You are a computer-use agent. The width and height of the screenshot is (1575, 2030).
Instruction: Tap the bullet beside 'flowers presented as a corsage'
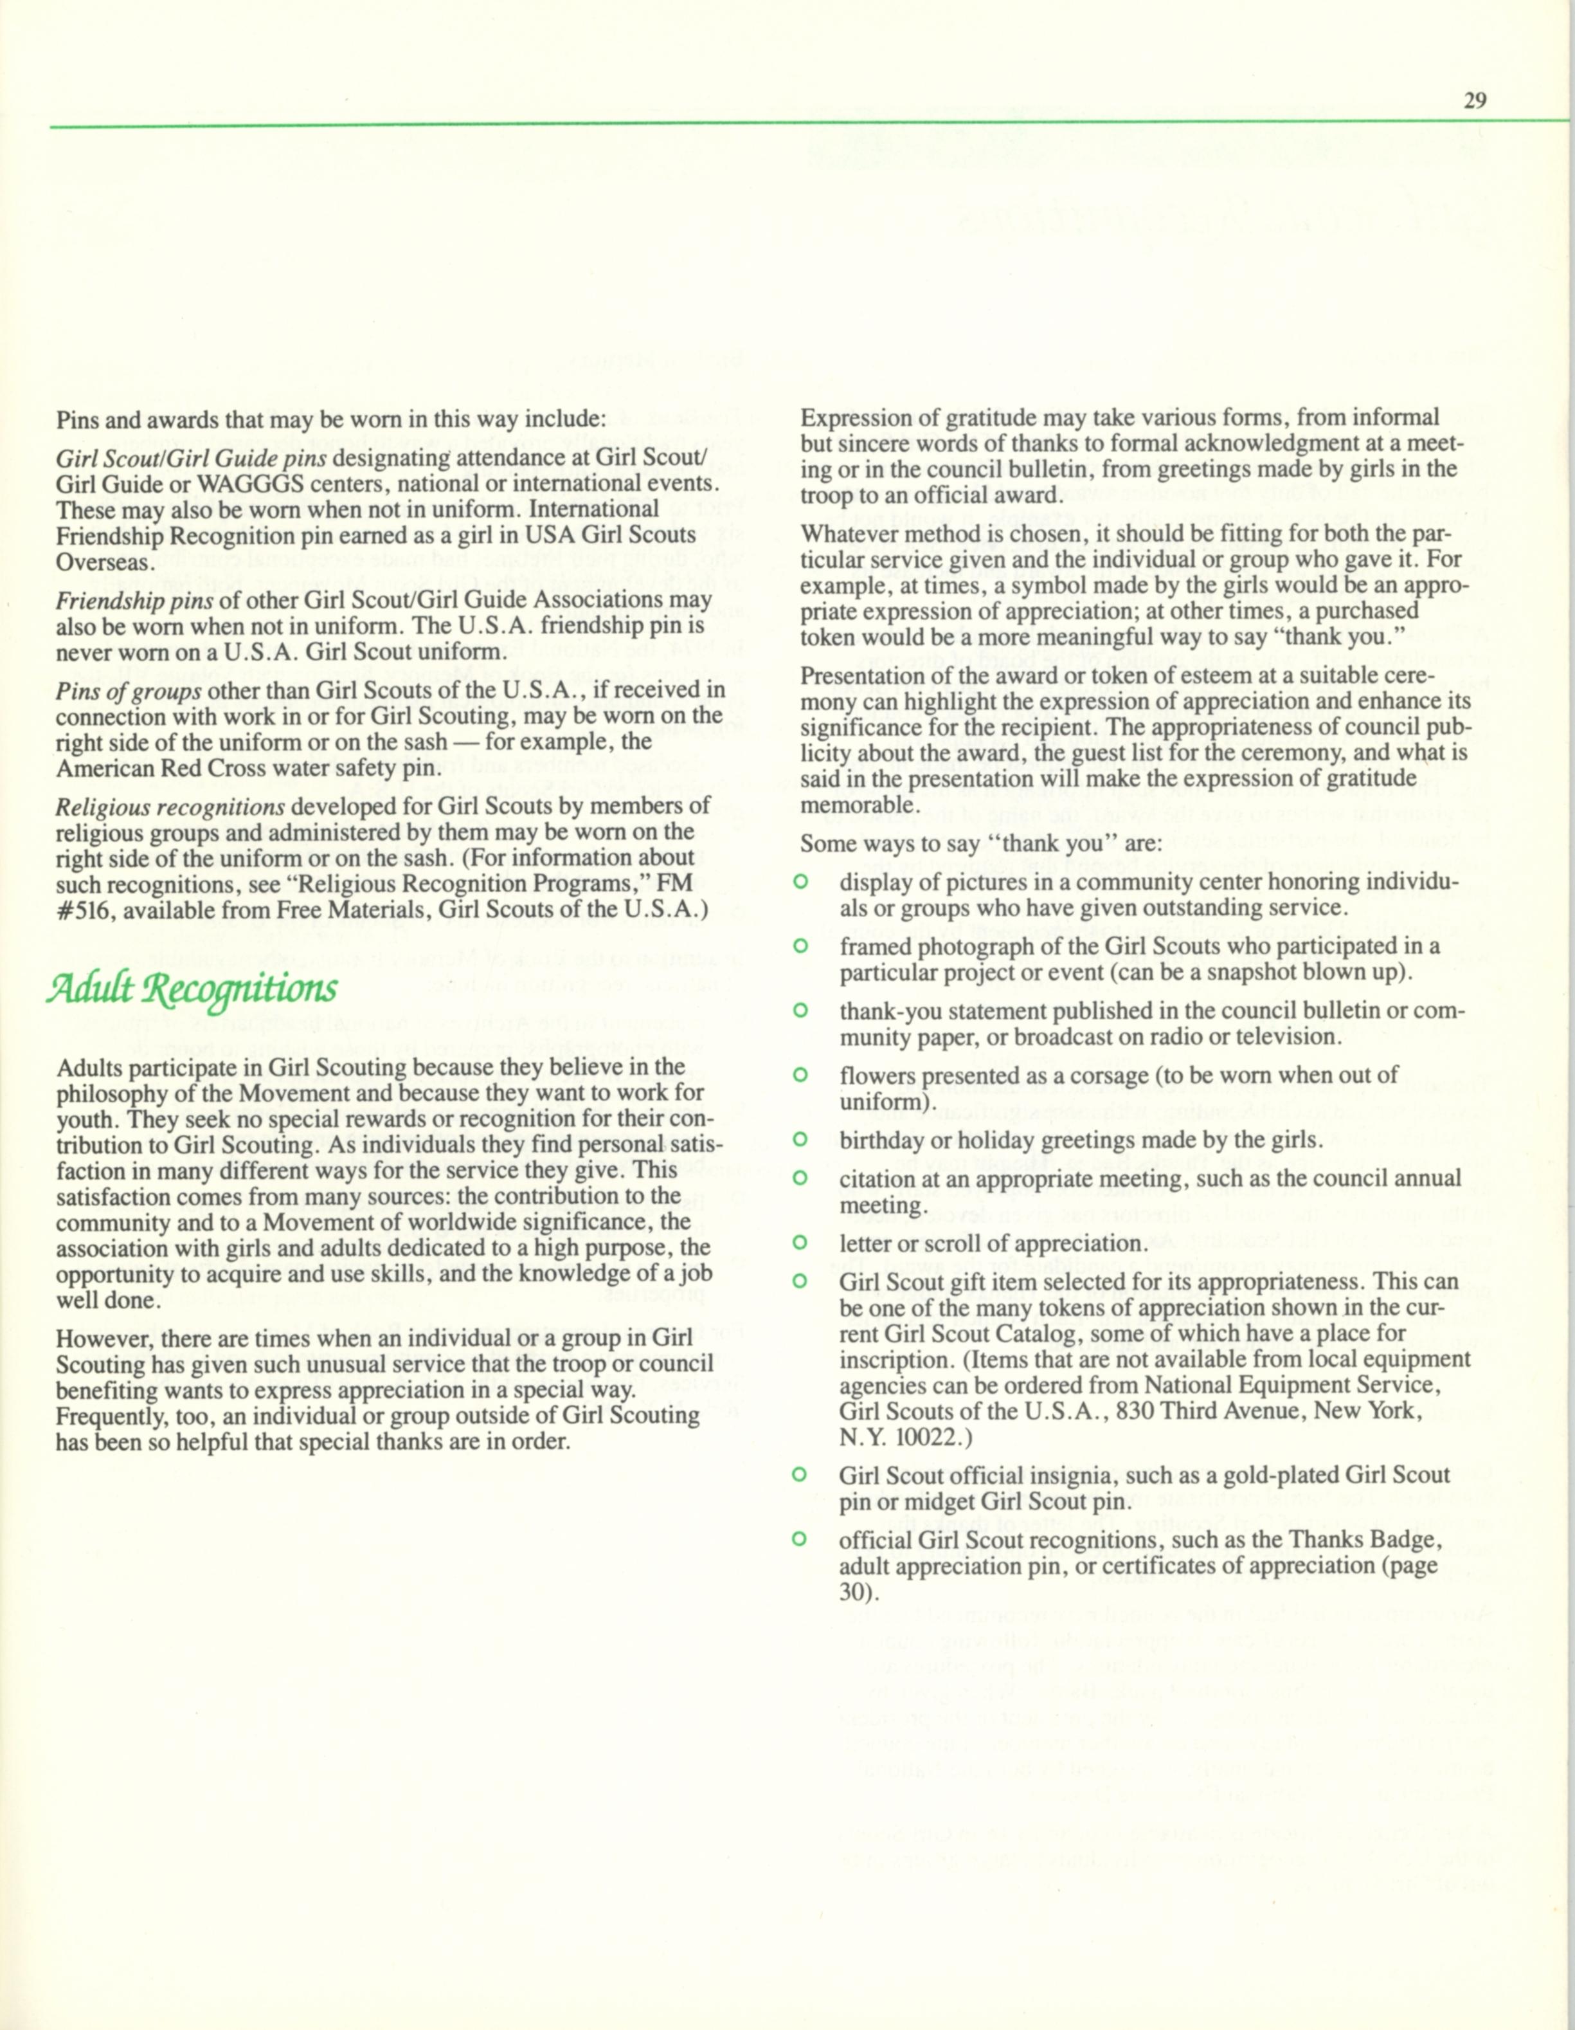[x=797, y=1075]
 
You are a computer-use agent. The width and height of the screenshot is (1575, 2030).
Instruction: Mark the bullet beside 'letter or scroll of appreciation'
[x=797, y=1243]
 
